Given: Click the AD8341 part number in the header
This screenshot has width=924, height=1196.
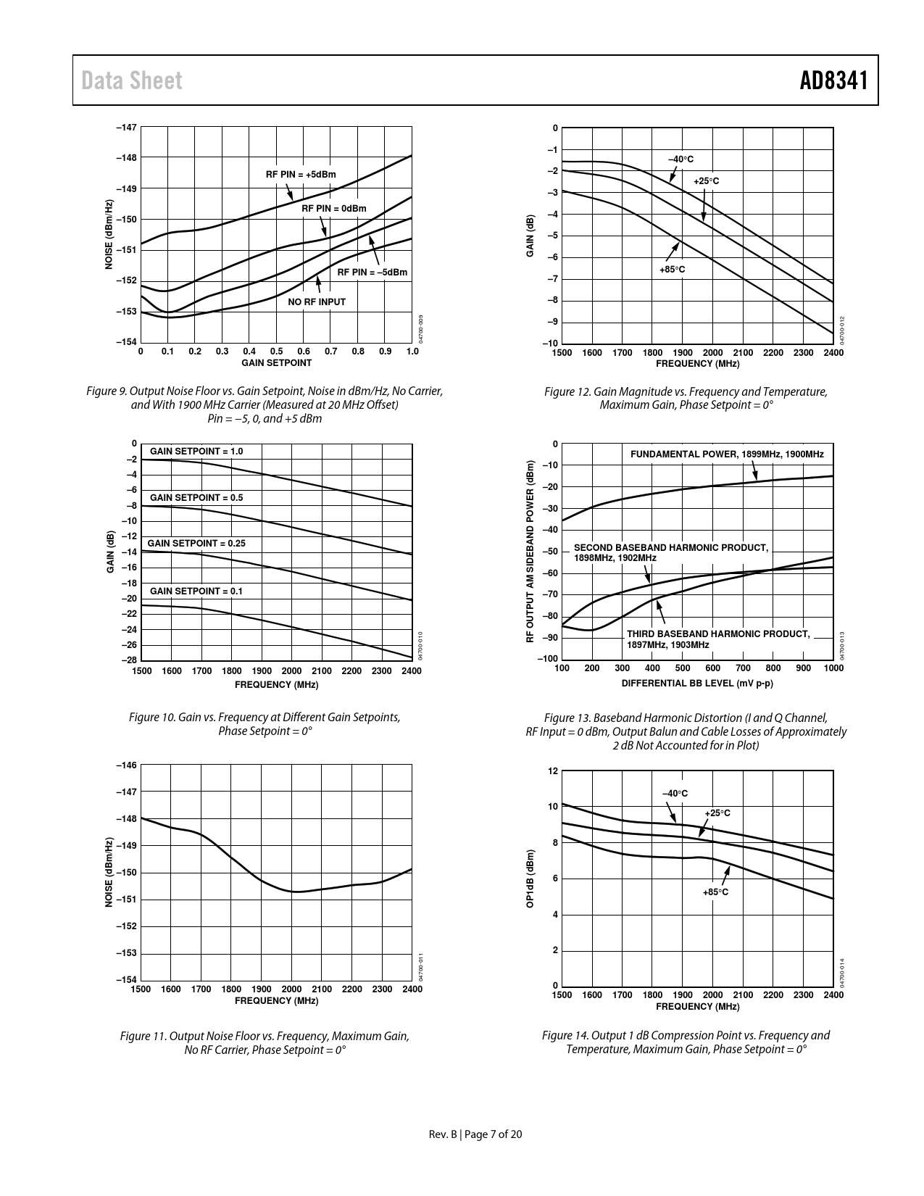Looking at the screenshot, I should click(x=833, y=80).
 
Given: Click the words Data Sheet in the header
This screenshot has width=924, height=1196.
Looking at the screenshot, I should click(x=132, y=80).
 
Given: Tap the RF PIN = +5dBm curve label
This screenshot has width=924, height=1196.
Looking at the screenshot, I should click(x=301, y=175).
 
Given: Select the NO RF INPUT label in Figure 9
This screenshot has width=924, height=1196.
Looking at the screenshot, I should click(x=317, y=302).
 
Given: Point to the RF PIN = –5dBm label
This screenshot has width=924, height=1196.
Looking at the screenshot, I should click(x=372, y=273).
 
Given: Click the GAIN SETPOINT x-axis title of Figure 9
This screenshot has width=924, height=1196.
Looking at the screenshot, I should click(x=276, y=363).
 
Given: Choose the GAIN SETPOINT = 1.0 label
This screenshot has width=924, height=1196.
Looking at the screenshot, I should click(x=196, y=452).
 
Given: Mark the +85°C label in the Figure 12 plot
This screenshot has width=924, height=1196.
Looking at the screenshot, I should click(x=672, y=270).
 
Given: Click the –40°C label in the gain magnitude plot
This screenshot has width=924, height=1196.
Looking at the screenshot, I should click(x=680, y=159).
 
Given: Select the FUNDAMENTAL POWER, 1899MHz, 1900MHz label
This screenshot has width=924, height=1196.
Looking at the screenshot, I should click(x=727, y=454).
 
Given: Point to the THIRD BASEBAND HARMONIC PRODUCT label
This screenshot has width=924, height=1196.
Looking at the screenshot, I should click(x=717, y=634).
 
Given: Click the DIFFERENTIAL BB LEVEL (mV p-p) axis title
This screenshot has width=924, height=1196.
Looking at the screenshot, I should click(x=697, y=684).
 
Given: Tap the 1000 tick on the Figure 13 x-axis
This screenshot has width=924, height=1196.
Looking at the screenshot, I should click(x=833, y=668).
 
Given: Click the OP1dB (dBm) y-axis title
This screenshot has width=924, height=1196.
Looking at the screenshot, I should click(x=530, y=879).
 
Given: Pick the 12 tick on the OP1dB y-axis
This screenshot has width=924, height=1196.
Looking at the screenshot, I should click(x=553, y=771).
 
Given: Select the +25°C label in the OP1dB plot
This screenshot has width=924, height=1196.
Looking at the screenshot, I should click(x=717, y=813).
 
